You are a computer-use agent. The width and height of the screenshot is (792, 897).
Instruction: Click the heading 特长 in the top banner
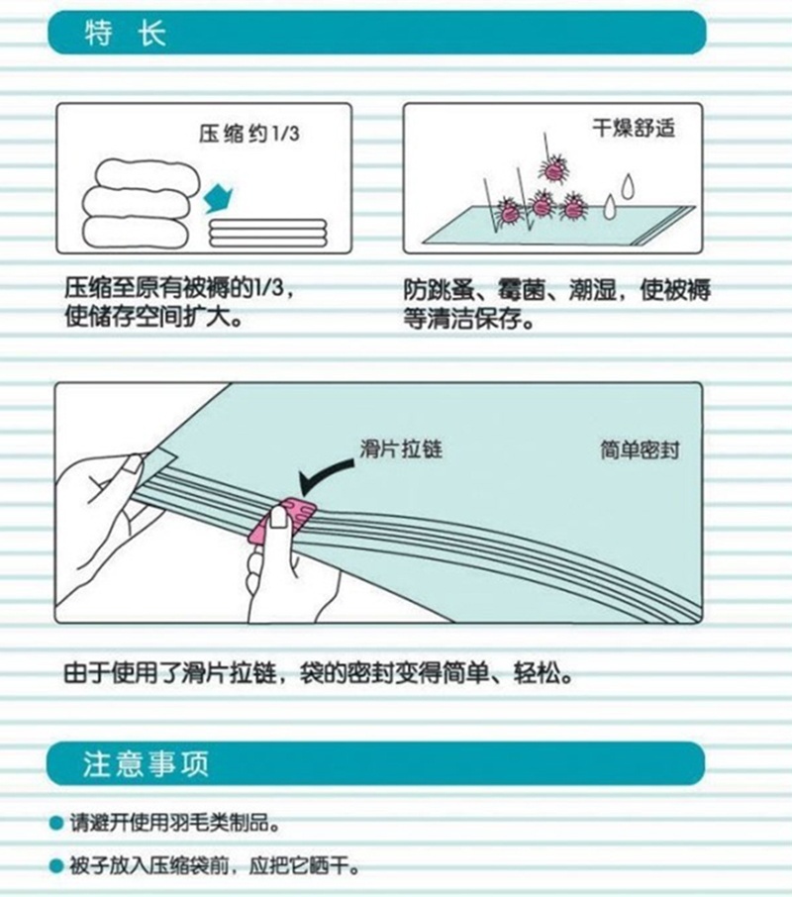pos(125,34)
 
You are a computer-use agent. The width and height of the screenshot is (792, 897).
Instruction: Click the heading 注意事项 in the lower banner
pos(146,763)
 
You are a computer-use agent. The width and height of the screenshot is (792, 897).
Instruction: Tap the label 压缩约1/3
pos(249,134)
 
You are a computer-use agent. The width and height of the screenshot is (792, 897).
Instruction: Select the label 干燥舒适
pos(634,128)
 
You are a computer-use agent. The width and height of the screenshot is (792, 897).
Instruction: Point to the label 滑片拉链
pos(401,448)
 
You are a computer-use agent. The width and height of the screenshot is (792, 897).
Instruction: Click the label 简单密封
pos(640,450)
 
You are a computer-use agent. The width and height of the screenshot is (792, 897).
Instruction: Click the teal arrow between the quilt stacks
pos(218,198)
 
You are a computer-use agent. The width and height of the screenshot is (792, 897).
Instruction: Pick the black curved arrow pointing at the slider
pos(325,476)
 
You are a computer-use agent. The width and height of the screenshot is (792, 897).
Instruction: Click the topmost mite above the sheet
pos(551,168)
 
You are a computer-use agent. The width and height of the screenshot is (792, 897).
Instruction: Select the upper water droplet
pos(628,186)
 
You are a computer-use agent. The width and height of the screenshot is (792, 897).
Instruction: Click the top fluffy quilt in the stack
pos(147,175)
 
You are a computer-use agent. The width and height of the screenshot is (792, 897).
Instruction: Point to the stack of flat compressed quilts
pos(267,233)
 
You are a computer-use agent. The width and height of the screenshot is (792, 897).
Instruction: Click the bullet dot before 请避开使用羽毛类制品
pos(56,823)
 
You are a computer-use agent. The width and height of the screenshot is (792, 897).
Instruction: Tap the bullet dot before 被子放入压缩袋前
pos(56,866)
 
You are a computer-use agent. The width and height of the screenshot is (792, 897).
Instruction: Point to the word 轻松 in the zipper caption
pos(537,673)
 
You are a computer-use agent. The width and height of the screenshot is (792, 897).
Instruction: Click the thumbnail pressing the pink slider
pos(278,518)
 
